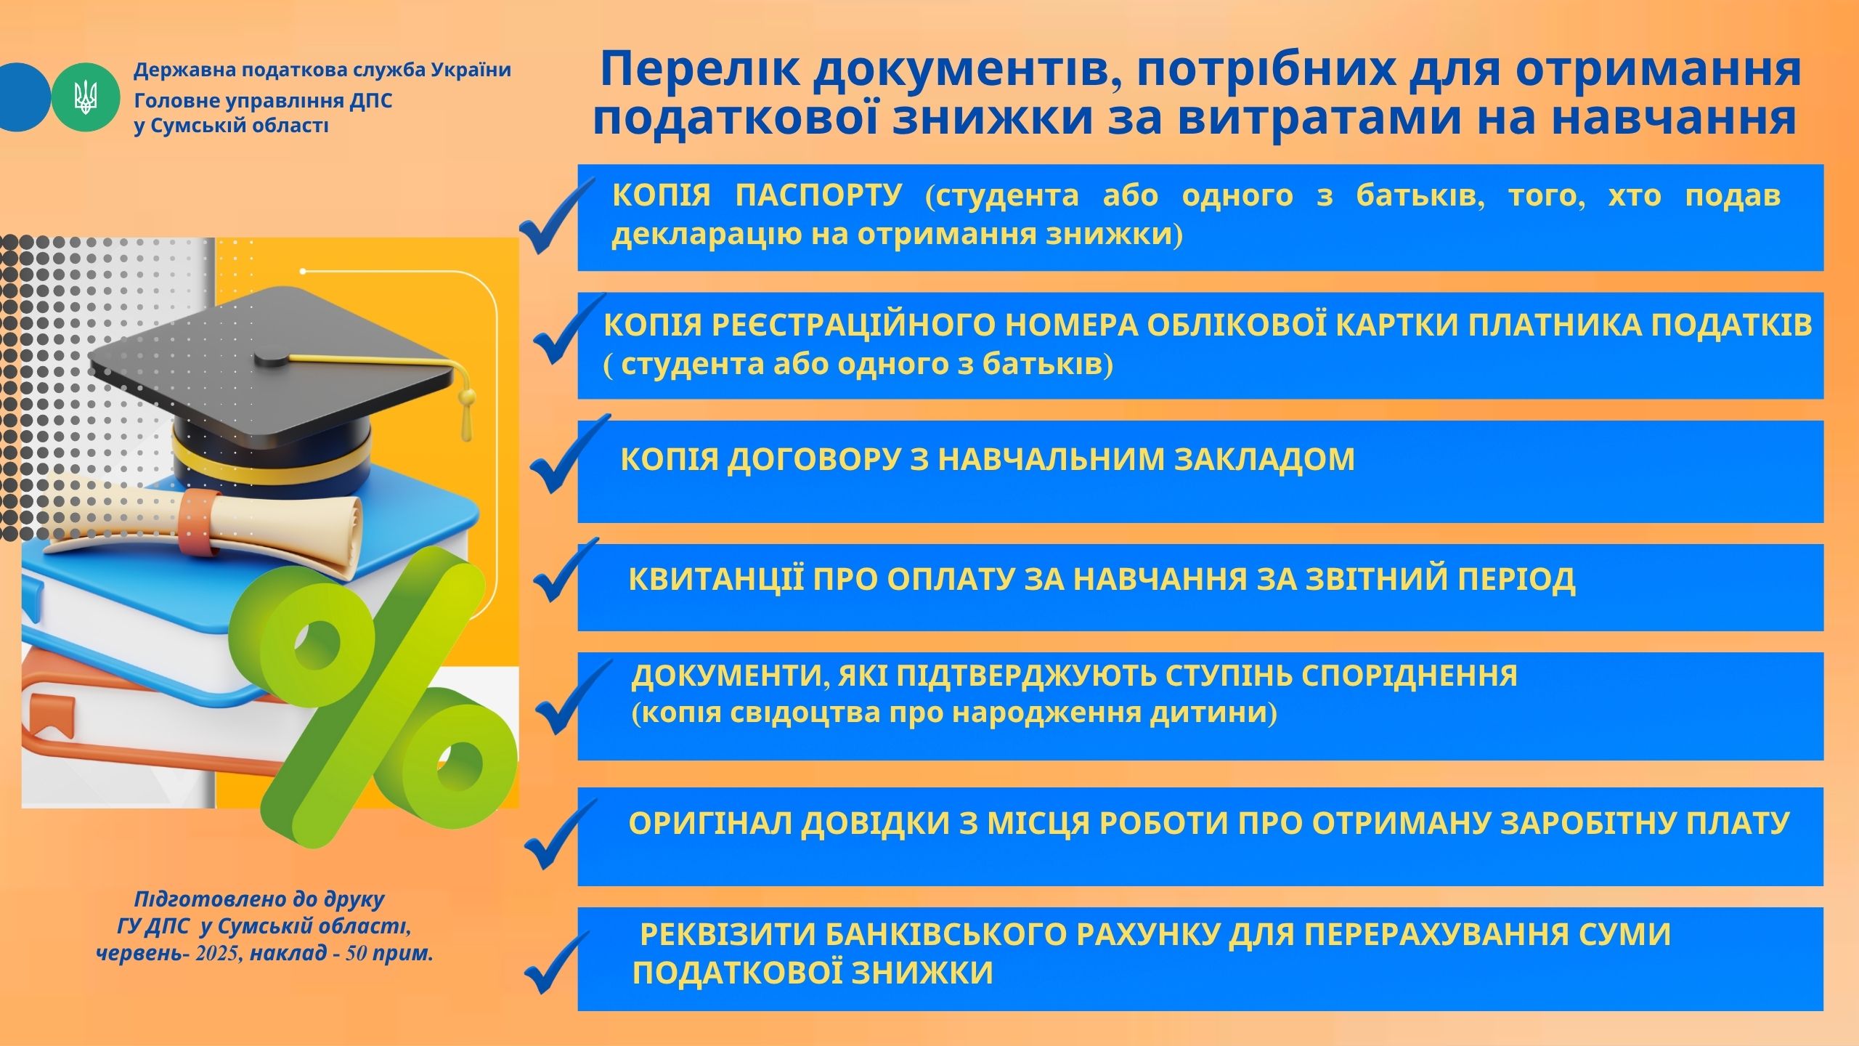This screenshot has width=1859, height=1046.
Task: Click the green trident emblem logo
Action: [85, 97]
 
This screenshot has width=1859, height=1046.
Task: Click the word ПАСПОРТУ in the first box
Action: [819, 195]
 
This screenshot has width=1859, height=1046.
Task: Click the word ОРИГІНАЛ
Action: [709, 823]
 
